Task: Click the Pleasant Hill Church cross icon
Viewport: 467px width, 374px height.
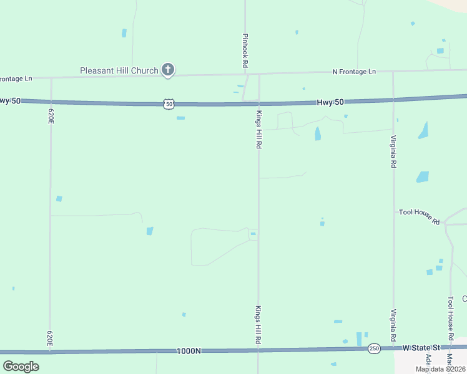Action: click(167, 70)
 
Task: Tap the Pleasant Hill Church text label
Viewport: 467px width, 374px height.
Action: click(119, 70)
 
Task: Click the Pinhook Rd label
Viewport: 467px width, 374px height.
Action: click(245, 50)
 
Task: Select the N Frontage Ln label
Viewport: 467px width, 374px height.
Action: click(354, 72)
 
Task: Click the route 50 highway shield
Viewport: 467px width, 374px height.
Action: click(169, 104)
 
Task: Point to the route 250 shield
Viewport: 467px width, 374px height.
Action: click(373, 348)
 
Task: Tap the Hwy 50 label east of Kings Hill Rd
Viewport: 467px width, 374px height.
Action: click(330, 101)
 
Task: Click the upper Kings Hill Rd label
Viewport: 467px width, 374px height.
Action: click(258, 130)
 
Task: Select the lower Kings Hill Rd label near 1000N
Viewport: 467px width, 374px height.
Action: click(257, 325)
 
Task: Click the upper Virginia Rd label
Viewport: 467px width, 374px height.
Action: click(393, 151)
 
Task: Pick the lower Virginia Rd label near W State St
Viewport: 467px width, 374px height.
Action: click(393, 325)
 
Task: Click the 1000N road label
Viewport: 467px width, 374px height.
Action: click(189, 351)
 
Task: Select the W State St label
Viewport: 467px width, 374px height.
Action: click(421, 347)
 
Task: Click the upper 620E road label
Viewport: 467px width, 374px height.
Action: click(51, 115)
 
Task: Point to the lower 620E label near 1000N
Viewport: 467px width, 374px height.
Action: click(50, 338)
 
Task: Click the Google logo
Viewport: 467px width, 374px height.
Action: click(21, 366)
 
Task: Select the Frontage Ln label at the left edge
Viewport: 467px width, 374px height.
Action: click(16, 79)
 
